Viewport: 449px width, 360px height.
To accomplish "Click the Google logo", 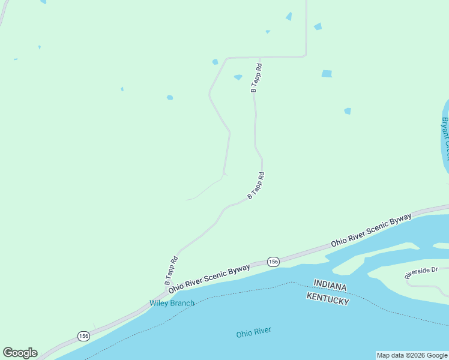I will point(20,353).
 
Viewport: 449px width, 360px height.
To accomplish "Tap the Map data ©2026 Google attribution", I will point(412,355).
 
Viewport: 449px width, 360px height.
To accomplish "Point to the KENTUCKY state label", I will point(327,298).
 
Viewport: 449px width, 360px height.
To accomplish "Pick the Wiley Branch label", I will point(172,303).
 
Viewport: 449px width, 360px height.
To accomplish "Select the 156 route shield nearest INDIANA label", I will point(273,262).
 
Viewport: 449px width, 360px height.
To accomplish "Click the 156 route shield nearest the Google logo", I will point(83,336).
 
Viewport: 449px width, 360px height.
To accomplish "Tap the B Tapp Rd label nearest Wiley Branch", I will point(172,271).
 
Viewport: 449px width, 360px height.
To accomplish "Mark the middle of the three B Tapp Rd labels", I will point(256,186).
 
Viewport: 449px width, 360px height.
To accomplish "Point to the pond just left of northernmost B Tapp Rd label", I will point(238,77).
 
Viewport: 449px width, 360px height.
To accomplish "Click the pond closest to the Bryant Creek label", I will point(348,111).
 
